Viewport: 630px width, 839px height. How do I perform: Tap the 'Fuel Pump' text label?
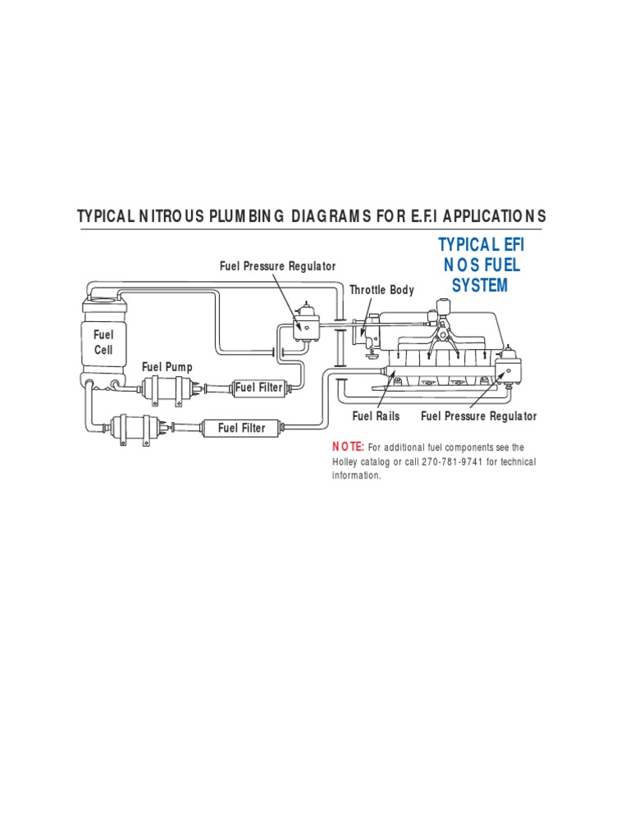click(x=167, y=367)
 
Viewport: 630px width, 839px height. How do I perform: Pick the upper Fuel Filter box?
click(x=258, y=388)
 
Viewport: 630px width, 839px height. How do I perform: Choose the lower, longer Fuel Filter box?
click(x=241, y=428)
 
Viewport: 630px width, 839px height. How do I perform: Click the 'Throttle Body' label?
click(x=381, y=290)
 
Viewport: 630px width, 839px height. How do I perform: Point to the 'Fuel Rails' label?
click(x=376, y=416)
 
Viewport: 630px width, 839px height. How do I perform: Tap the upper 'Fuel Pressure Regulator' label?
click(x=277, y=266)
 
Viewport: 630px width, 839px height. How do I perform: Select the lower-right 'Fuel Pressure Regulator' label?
click(x=479, y=416)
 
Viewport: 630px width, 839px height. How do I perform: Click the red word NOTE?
click(x=348, y=447)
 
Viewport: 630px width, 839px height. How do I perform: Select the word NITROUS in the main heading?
click(x=177, y=216)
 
